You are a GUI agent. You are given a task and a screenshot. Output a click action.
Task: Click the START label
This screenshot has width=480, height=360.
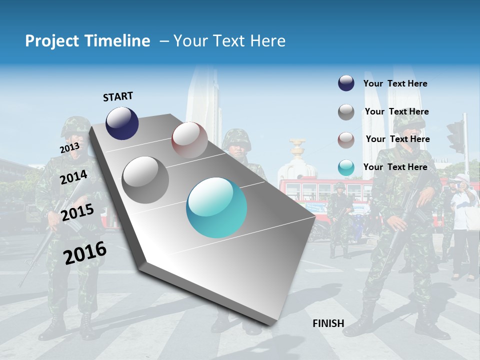click(118, 96)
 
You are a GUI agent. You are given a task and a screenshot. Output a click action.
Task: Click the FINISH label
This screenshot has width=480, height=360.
click(328, 323)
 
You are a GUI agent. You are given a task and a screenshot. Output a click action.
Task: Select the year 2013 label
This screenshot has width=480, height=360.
click(69, 148)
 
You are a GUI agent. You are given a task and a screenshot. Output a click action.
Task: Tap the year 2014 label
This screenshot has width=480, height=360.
click(74, 177)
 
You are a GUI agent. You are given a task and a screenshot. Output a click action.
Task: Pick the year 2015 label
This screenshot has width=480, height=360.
click(77, 212)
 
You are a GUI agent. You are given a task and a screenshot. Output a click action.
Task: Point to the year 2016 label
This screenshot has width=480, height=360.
click(85, 252)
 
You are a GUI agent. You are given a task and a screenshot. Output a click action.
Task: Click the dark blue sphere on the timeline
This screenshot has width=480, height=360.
click(122, 123)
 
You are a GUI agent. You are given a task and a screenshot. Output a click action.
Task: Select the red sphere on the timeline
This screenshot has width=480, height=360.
click(189, 140)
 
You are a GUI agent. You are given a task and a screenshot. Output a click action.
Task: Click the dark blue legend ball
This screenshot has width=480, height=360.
click(346, 83)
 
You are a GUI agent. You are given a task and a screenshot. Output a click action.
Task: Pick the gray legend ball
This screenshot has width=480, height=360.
click(346, 112)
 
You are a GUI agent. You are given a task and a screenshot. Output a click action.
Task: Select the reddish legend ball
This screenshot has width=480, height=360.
click(346, 140)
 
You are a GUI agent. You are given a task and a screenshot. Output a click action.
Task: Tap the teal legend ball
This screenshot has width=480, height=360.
click(346, 168)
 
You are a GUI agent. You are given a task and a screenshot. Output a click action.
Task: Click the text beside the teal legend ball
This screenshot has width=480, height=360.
click(395, 167)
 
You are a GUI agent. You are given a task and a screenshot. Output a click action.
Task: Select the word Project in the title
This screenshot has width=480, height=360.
click(52, 41)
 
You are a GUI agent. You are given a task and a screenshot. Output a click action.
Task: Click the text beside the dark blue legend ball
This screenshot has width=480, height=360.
click(395, 83)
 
